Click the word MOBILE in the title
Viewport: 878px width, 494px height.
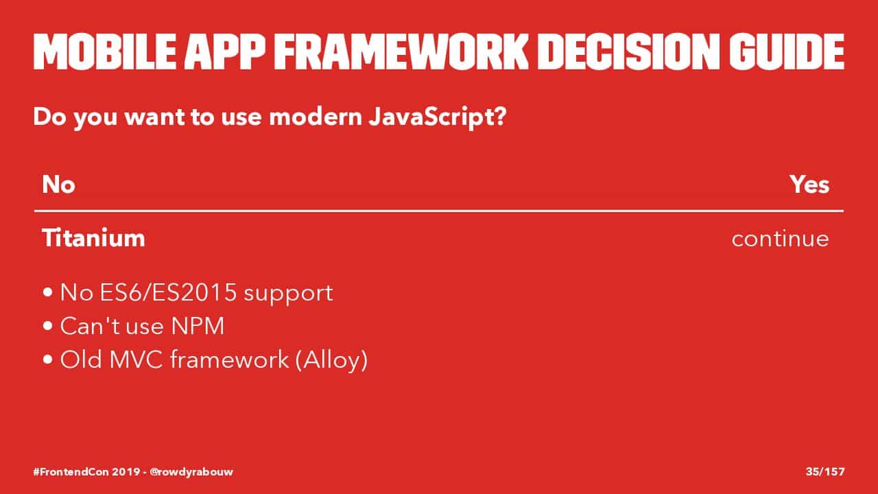(x=105, y=51)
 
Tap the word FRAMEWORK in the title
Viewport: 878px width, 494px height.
(x=401, y=51)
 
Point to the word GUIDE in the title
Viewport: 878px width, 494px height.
(x=787, y=51)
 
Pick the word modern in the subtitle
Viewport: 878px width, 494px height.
(x=316, y=117)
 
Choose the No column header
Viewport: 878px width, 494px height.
(x=58, y=185)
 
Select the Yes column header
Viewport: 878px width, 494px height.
(x=809, y=185)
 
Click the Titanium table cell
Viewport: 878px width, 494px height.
(x=93, y=237)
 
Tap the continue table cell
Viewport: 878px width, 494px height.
(x=780, y=239)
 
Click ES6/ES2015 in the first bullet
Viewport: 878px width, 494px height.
(x=168, y=292)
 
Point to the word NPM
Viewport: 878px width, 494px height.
(x=198, y=326)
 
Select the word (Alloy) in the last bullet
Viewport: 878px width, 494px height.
(x=331, y=360)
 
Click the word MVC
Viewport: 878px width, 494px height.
(x=136, y=359)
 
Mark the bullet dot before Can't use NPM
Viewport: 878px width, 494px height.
(x=48, y=326)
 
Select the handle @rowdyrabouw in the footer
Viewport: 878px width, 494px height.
(x=191, y=472)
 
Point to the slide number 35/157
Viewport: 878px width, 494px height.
(x=825, y=471)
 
